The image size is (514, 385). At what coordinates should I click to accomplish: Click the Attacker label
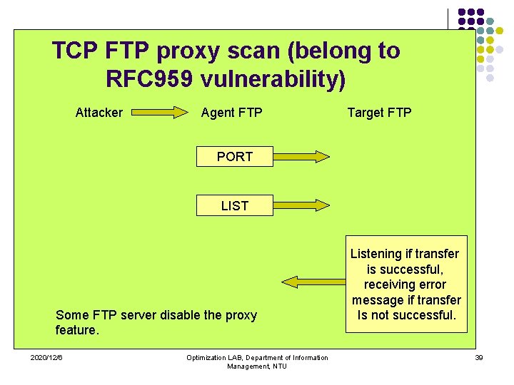tap(99, 113)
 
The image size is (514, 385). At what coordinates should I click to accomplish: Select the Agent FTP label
tap(231, 113)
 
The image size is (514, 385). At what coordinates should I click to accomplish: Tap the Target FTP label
tap(379, 113)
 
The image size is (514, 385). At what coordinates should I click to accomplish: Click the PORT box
tap(234, 157)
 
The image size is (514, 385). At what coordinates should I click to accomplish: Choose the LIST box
tap(234, 206)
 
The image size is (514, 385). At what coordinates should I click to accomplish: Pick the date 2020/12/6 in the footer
tap(46, 357)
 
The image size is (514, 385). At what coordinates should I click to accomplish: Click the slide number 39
tap(478, 357)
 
